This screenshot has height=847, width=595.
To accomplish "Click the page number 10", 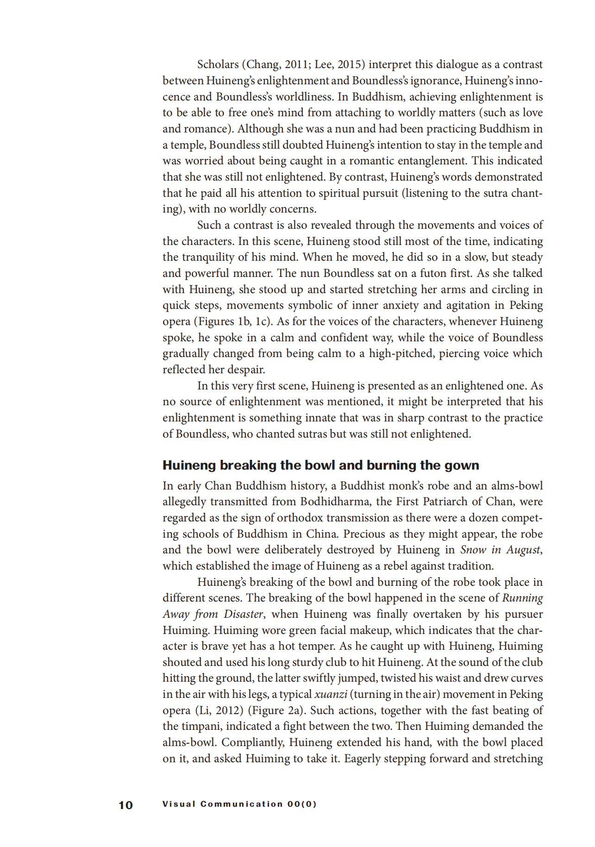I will point(125,805).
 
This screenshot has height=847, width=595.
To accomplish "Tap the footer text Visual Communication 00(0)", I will point(239,804).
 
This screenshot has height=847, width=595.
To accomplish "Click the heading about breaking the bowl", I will point(320,465).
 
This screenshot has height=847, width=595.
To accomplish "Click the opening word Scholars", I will point(218,64).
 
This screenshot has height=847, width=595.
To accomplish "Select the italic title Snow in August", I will point(500,550).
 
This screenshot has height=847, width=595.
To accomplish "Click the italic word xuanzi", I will point(330,694).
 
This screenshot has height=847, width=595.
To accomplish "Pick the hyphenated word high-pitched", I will point(400,353).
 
